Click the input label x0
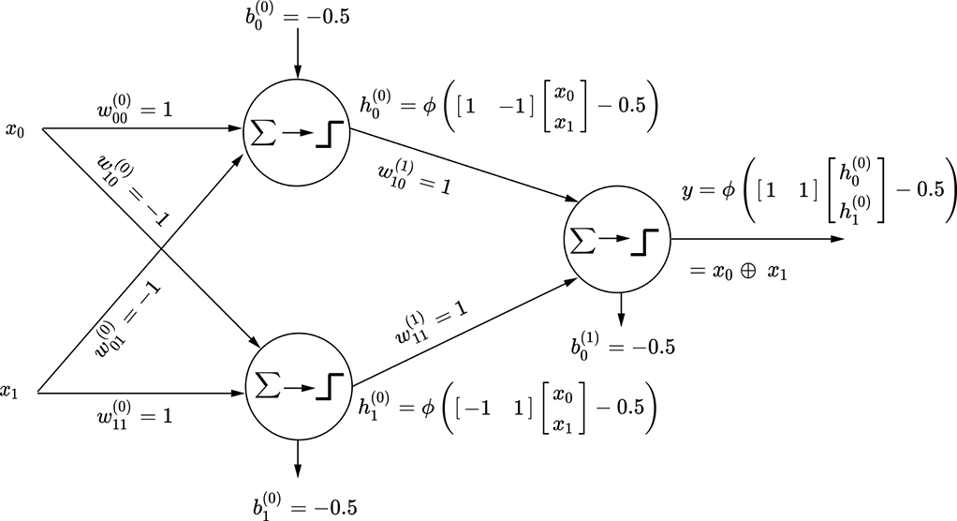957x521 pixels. tap(14, 129)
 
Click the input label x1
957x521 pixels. tap(10, 392)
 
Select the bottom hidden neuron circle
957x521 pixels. tap(296, 385)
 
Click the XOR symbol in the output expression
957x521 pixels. tap(745, 272)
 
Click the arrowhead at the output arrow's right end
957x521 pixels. tap(839, 239)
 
